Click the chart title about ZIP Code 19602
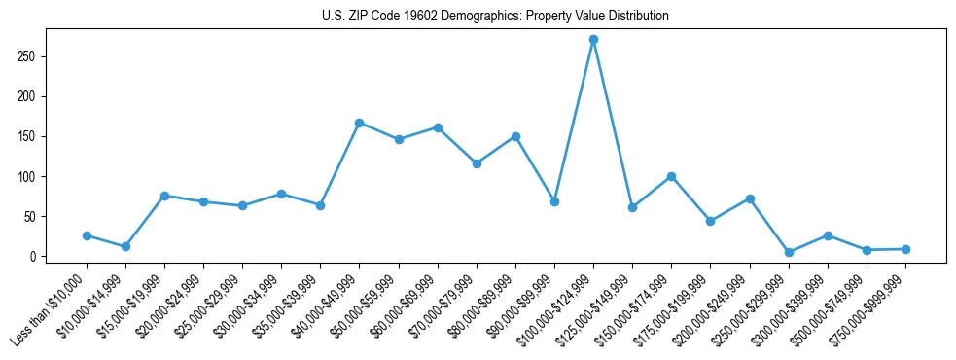point(495,17)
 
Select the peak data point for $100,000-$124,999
point(593,40)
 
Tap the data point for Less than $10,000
point(87,235)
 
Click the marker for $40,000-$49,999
point(359,123)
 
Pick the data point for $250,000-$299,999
point(789,252)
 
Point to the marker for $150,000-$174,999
point(671,176)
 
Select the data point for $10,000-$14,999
point(125,246)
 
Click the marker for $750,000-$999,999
point(905,249)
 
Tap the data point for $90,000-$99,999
point(554,201)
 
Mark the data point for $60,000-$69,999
point(438,127)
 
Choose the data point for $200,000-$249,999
point(750,198)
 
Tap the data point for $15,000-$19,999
point(164,196)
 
